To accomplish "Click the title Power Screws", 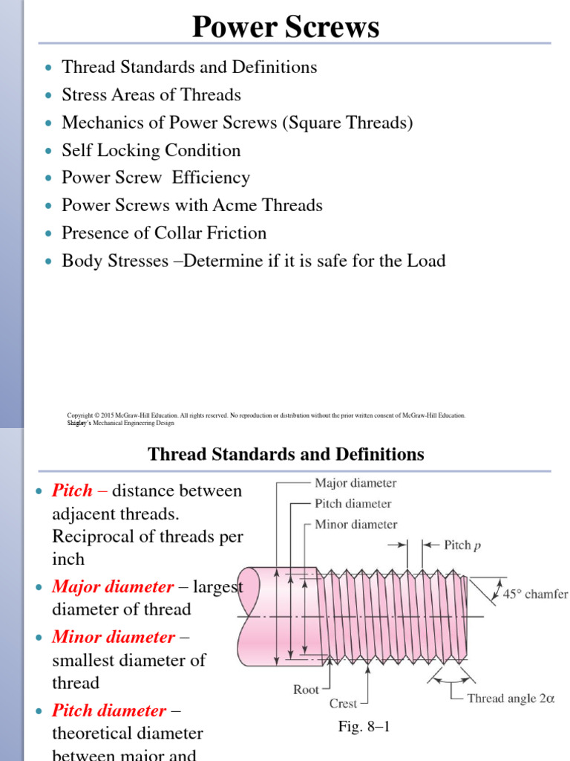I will [x=286, y=27].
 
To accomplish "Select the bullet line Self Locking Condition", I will [x=151, y=150].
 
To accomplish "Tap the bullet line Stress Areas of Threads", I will [x=151, y=95].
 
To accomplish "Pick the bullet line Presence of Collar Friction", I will [x=163, y=233].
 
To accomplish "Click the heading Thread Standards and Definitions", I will [x=286, y=454].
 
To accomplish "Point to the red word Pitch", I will [x=72, y=490].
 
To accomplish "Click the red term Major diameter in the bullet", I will [x=111, y=587].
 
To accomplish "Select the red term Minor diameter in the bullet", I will [x=113, y=637].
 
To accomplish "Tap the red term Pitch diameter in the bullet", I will [x=108, y=710].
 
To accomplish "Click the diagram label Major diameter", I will [x=356, y=483].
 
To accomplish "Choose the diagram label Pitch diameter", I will [x=353, y=503].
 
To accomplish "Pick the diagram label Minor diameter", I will [x=356, y=524].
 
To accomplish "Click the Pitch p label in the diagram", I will [x=462, y=545].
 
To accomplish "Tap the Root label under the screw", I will [x=306, y=690].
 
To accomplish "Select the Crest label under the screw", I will [x=343, y=703].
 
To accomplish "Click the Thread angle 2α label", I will [x=511, y=698].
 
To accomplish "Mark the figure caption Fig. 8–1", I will [x=364, y=728].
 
